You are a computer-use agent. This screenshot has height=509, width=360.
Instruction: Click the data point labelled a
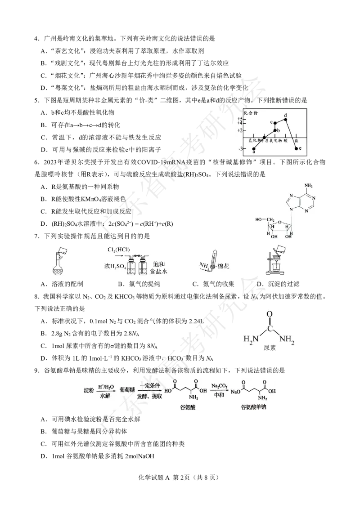pyautogui.click(x=254, y=148)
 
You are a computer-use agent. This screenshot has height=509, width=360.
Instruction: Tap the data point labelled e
pyautogui.click(x=296, y=148)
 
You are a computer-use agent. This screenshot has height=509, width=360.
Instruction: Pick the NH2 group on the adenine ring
pyautogui.click(x=309, y=185)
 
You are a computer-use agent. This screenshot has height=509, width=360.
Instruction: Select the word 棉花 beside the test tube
pyautogui.click(x=224, y=267)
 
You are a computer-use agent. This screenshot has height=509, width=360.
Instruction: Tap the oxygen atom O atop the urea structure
pyautogui.click(x=269, y=314)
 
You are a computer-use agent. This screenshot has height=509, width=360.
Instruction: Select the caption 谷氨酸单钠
pyautogui.click(x=254, y=407)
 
